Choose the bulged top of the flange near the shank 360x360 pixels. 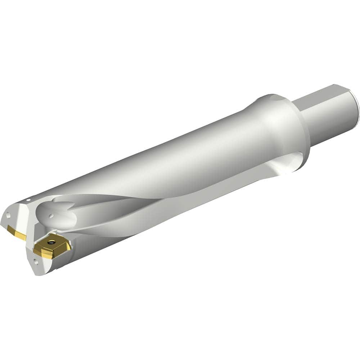[274, 99]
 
